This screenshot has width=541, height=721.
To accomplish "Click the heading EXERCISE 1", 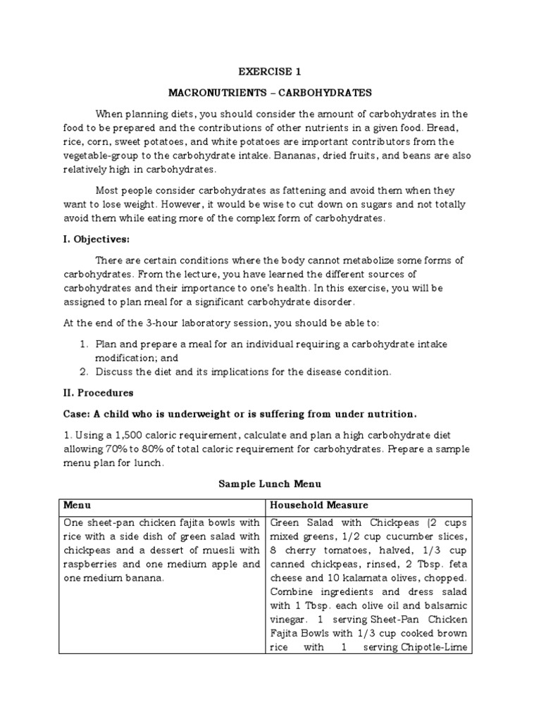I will (x=270, y=71).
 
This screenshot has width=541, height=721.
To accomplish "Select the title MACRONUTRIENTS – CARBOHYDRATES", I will (x=270, y=92).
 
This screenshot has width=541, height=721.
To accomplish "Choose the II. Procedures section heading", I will (x=99, y=393).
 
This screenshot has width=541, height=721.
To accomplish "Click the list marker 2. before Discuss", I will (x=83, y=371).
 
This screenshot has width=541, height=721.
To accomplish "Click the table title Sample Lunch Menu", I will (x=270, y=484).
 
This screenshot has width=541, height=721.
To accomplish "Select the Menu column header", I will (x=77, y=506).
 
